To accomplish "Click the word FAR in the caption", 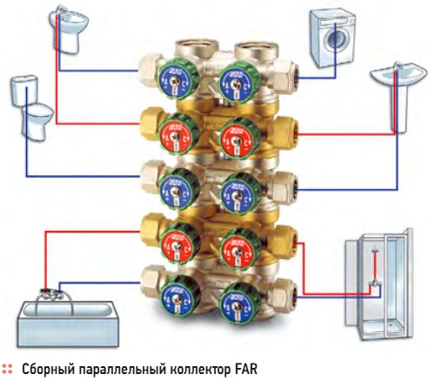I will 246,369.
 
